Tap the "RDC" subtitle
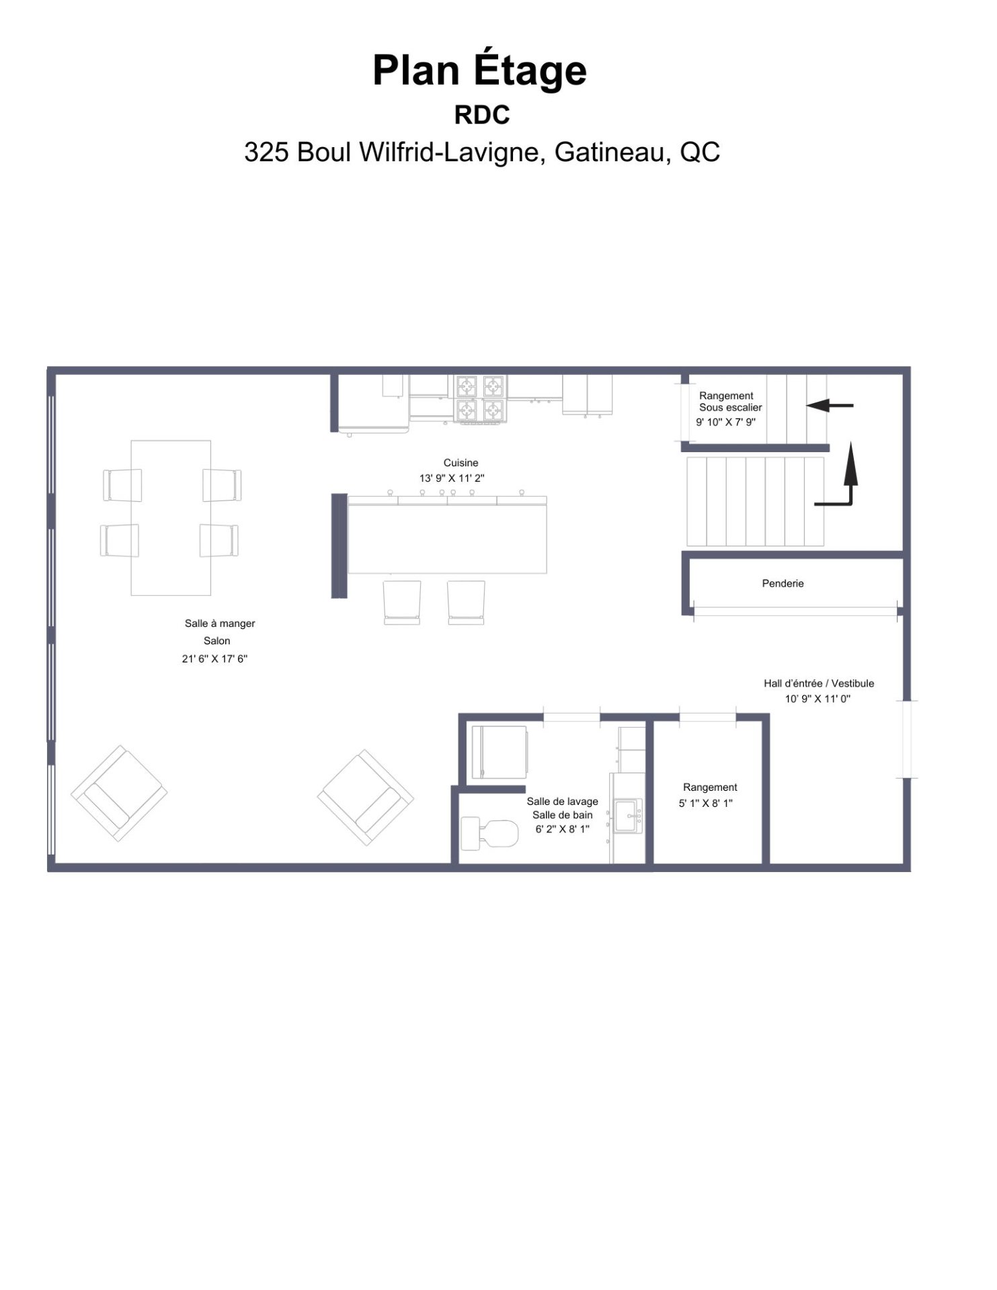click(482, 116)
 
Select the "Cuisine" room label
click(461, 463)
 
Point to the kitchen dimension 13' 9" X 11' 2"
click(452, 478)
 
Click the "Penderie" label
click(783, 583)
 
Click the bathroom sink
click(628, 816)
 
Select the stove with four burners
click(480, 399)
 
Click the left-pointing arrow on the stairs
click(830, 405)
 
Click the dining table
click(171, 517)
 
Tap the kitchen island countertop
click(447, 535)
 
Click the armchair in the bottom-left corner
click(119, 793)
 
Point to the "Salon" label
click(217, 641)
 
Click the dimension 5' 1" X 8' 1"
click(706, 803)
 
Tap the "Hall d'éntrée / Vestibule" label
click(819, 683)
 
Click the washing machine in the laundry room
click(500, 752)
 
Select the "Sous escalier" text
click(731, 407)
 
